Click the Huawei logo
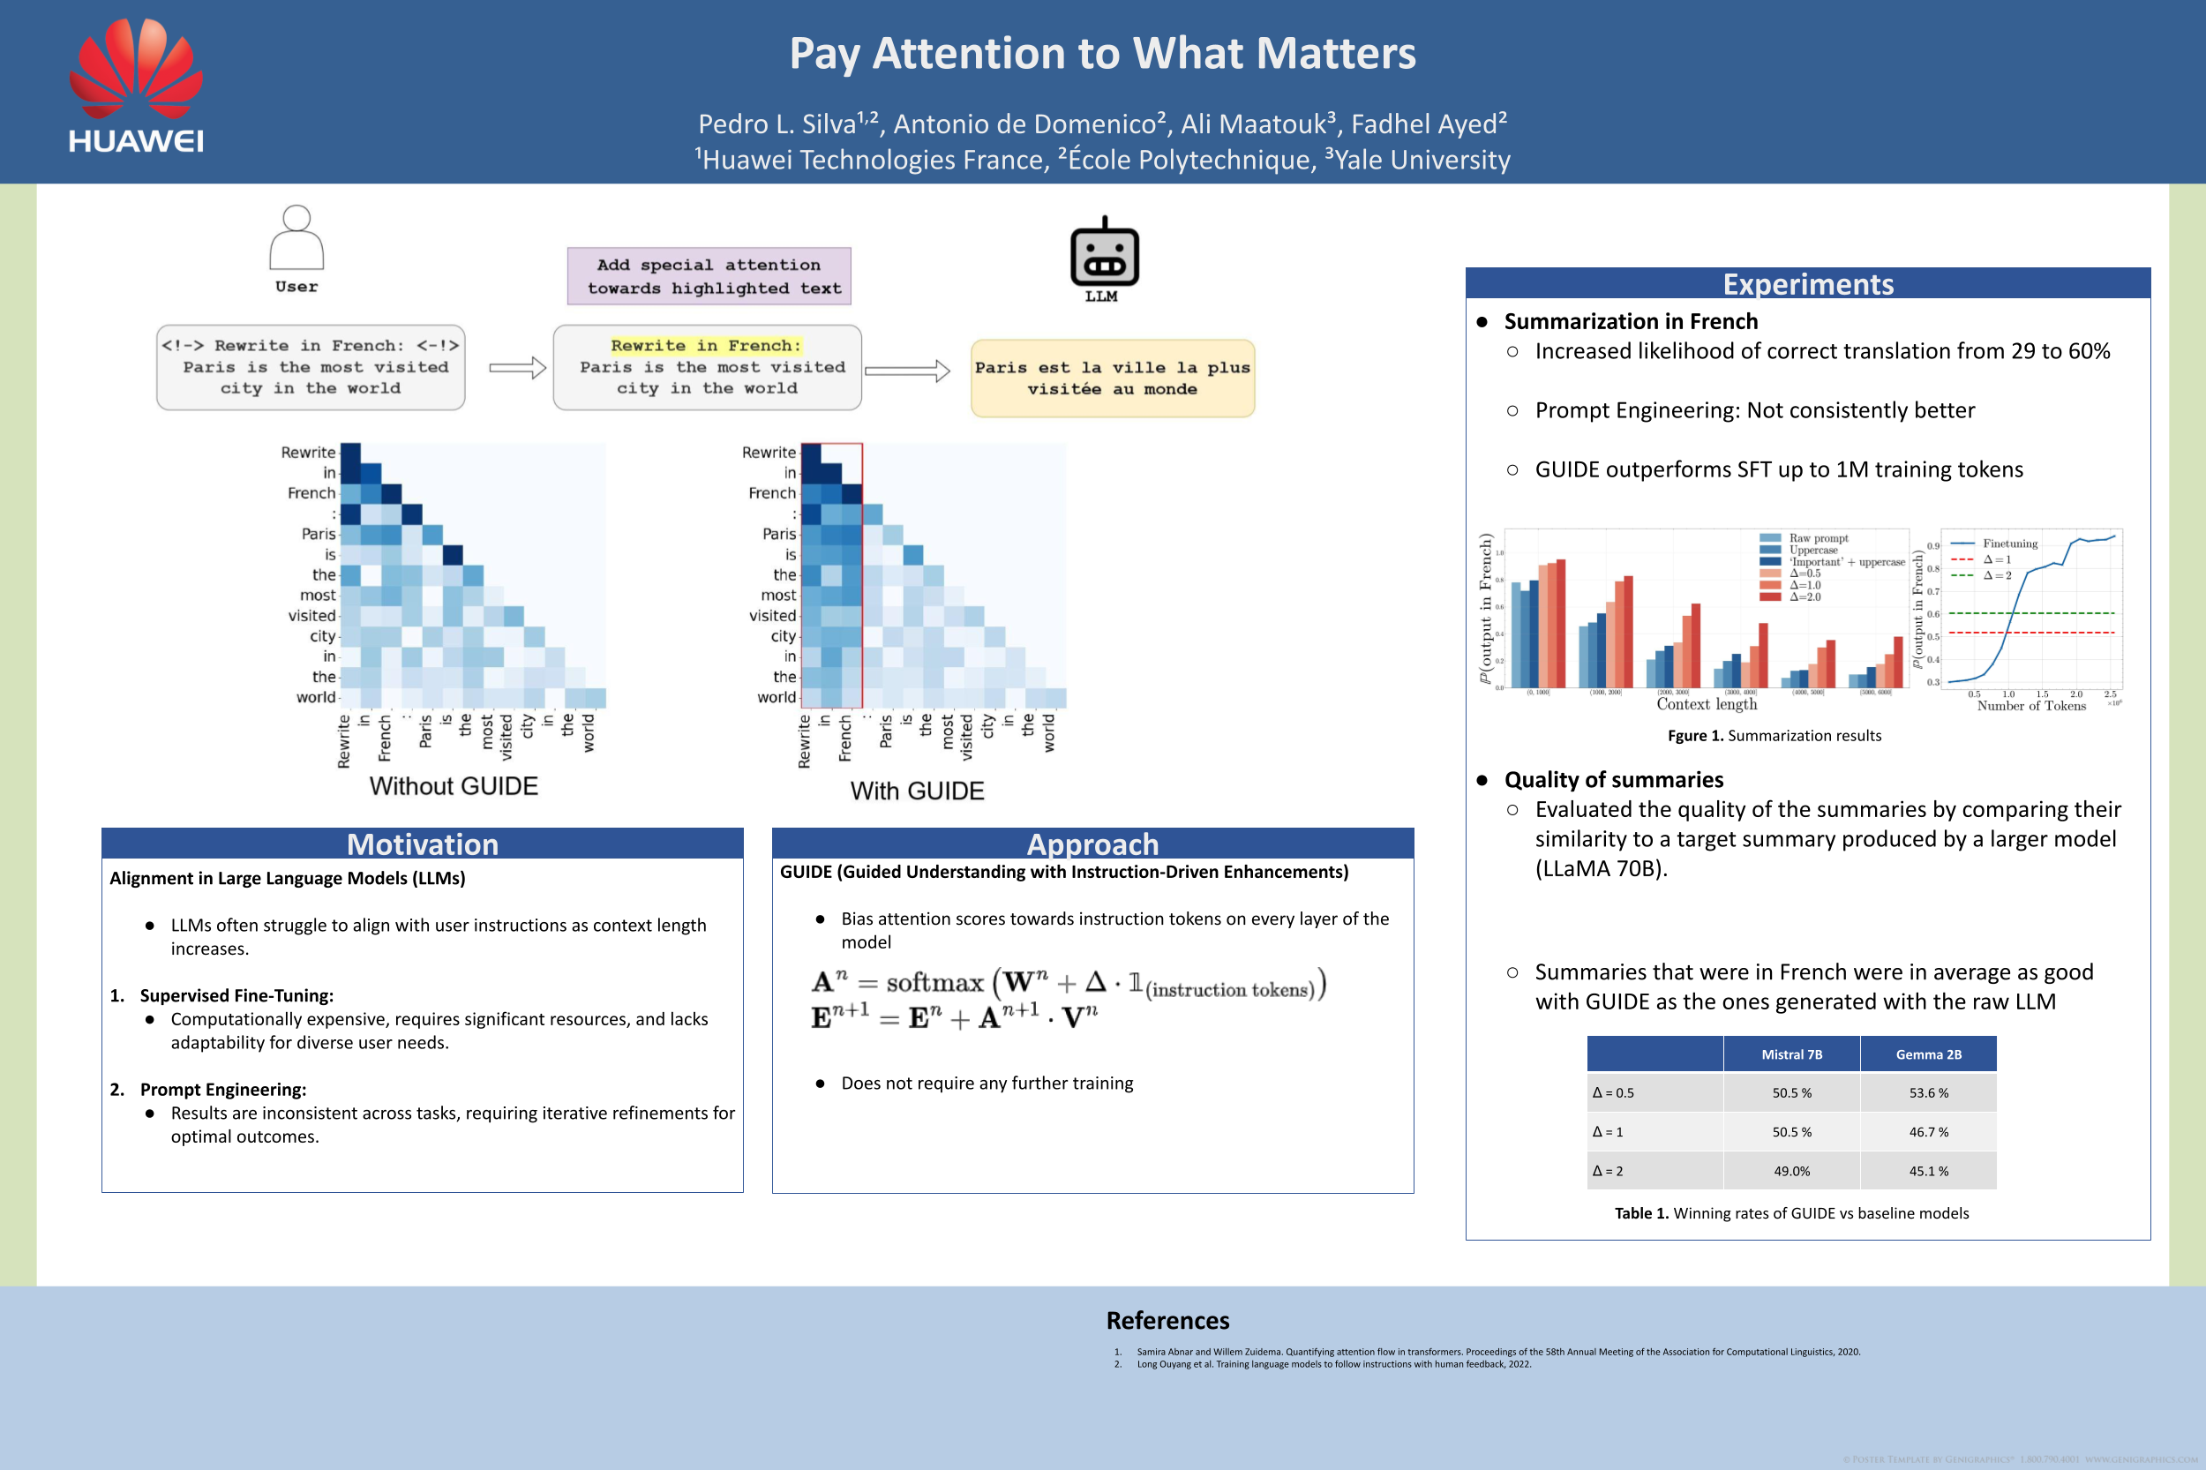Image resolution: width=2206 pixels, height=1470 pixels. click(136, 86)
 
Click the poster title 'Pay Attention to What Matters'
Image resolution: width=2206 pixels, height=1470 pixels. click(1102, 54)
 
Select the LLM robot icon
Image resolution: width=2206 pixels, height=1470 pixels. click(1105, 254)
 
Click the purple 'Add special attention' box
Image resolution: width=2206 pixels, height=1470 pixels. click(709, 276)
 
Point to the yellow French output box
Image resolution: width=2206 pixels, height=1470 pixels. click(1113, 379)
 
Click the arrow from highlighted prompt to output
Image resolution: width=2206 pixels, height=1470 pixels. click(906, 371)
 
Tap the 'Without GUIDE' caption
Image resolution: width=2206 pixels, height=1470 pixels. click(454, 785)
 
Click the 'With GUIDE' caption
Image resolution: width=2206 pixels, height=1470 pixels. click(917, 791)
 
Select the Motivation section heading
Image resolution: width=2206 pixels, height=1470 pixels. click(422, 844)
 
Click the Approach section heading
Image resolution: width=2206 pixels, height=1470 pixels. click(1092, 844)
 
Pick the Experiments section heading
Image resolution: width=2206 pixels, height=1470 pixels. click(1807, 284)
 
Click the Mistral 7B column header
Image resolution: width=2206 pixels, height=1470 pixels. click(1791, 1054)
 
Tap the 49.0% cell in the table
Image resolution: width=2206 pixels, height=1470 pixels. click(1791, 1171)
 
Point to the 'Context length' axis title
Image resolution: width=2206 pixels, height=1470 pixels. click(1707, 704)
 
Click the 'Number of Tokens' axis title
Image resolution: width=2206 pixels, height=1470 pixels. click(2030, 706)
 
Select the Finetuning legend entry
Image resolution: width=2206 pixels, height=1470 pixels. click(2009, 544)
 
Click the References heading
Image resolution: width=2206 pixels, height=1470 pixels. click(1167, 1321)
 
